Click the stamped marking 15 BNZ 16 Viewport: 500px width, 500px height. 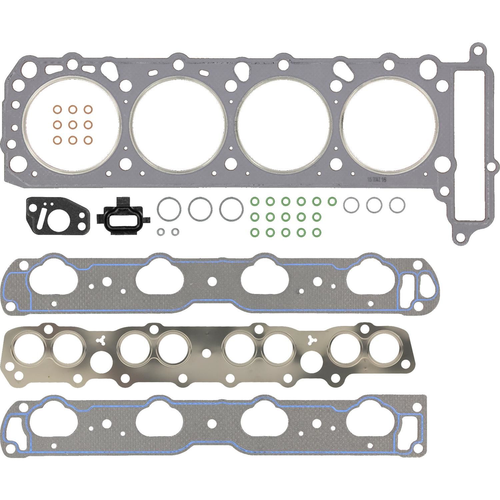tap(376, 179)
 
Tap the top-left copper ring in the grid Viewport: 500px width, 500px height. tap(57, 109)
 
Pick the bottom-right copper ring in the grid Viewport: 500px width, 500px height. tap(88, 140)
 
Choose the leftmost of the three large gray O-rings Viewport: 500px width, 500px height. tap(169, 209)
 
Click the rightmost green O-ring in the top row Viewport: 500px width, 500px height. tap(332, 201)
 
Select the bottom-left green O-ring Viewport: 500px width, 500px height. tap(254, 231)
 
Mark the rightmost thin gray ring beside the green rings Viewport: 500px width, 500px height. tap(397, 204)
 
